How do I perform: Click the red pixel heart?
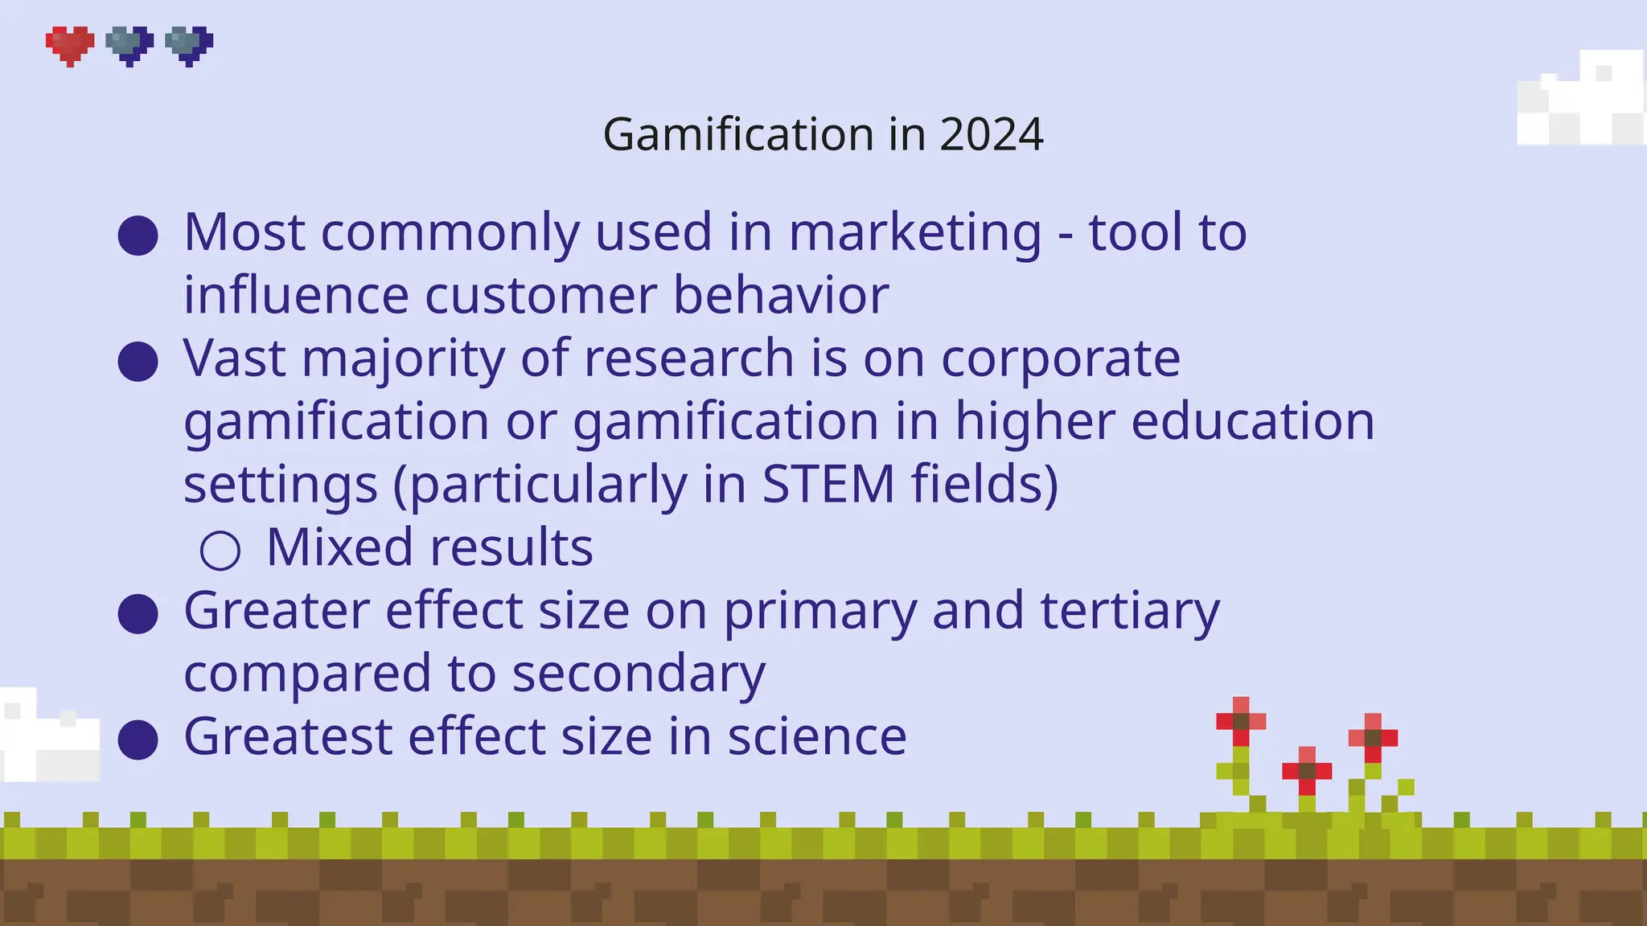(x=70, y=45)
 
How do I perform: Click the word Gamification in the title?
(x=737, y=134)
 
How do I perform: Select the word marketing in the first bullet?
(x=914, y=232)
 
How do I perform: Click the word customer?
(x=540, y=295)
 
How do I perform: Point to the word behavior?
(x=780, y=295)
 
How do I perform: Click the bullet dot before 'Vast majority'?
(x=138, y=362)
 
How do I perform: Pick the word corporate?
(x=1060, y=359)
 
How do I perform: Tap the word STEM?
(x=828, y=484)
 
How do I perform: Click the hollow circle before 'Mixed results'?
(x=220, y=551)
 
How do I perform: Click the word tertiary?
(x=1129, y=611)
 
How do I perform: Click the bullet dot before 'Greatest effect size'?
(x=138, y=740)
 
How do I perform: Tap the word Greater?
(x=276, y=611)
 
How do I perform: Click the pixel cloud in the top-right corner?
(x=1581, y=100)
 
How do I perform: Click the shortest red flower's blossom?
(x=1307, y=771)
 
